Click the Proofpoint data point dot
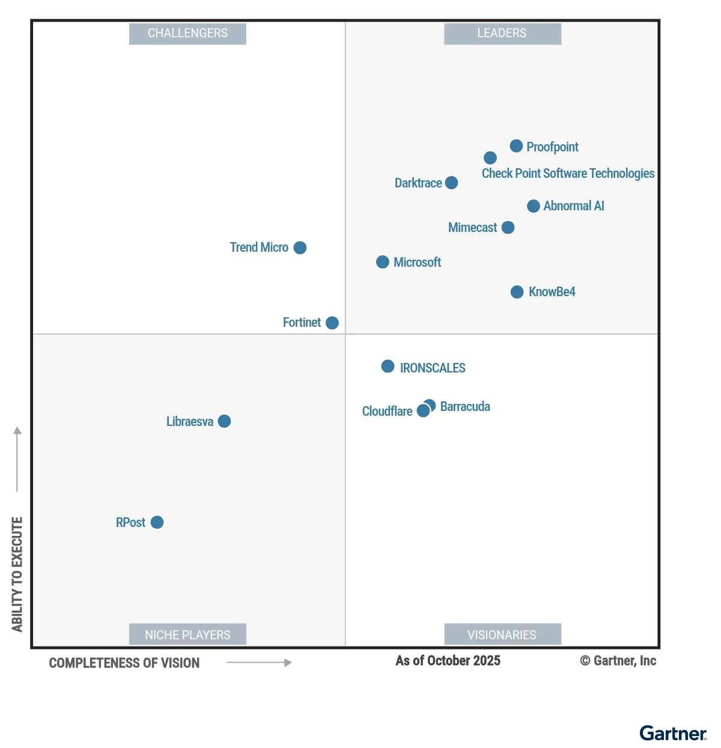(x=516, y=146)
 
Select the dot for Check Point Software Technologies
(x=490, y=158)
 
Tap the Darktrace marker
(x=451, y=183)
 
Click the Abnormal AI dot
(x=533, y=206)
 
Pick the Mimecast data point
(x=508, y=228)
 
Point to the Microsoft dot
(x=383, y=262)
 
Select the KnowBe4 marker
(x=517, y=292)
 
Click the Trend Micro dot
(x=300, y=248)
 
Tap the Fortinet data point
(x=332, y=323)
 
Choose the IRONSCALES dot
(x=388, y=366)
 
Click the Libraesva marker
(x=224, y=421)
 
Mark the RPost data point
(x=157, y=522)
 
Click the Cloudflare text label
(x=387, y=412)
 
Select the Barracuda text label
(x=465, y=407)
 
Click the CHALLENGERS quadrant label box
(x=187, y=34)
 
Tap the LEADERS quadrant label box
(x=502, y=34)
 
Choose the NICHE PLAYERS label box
(x=187, y=634)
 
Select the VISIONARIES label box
(x=502, y=634)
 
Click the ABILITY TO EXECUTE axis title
(x=17, y=574)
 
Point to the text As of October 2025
(x=448, y=661)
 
